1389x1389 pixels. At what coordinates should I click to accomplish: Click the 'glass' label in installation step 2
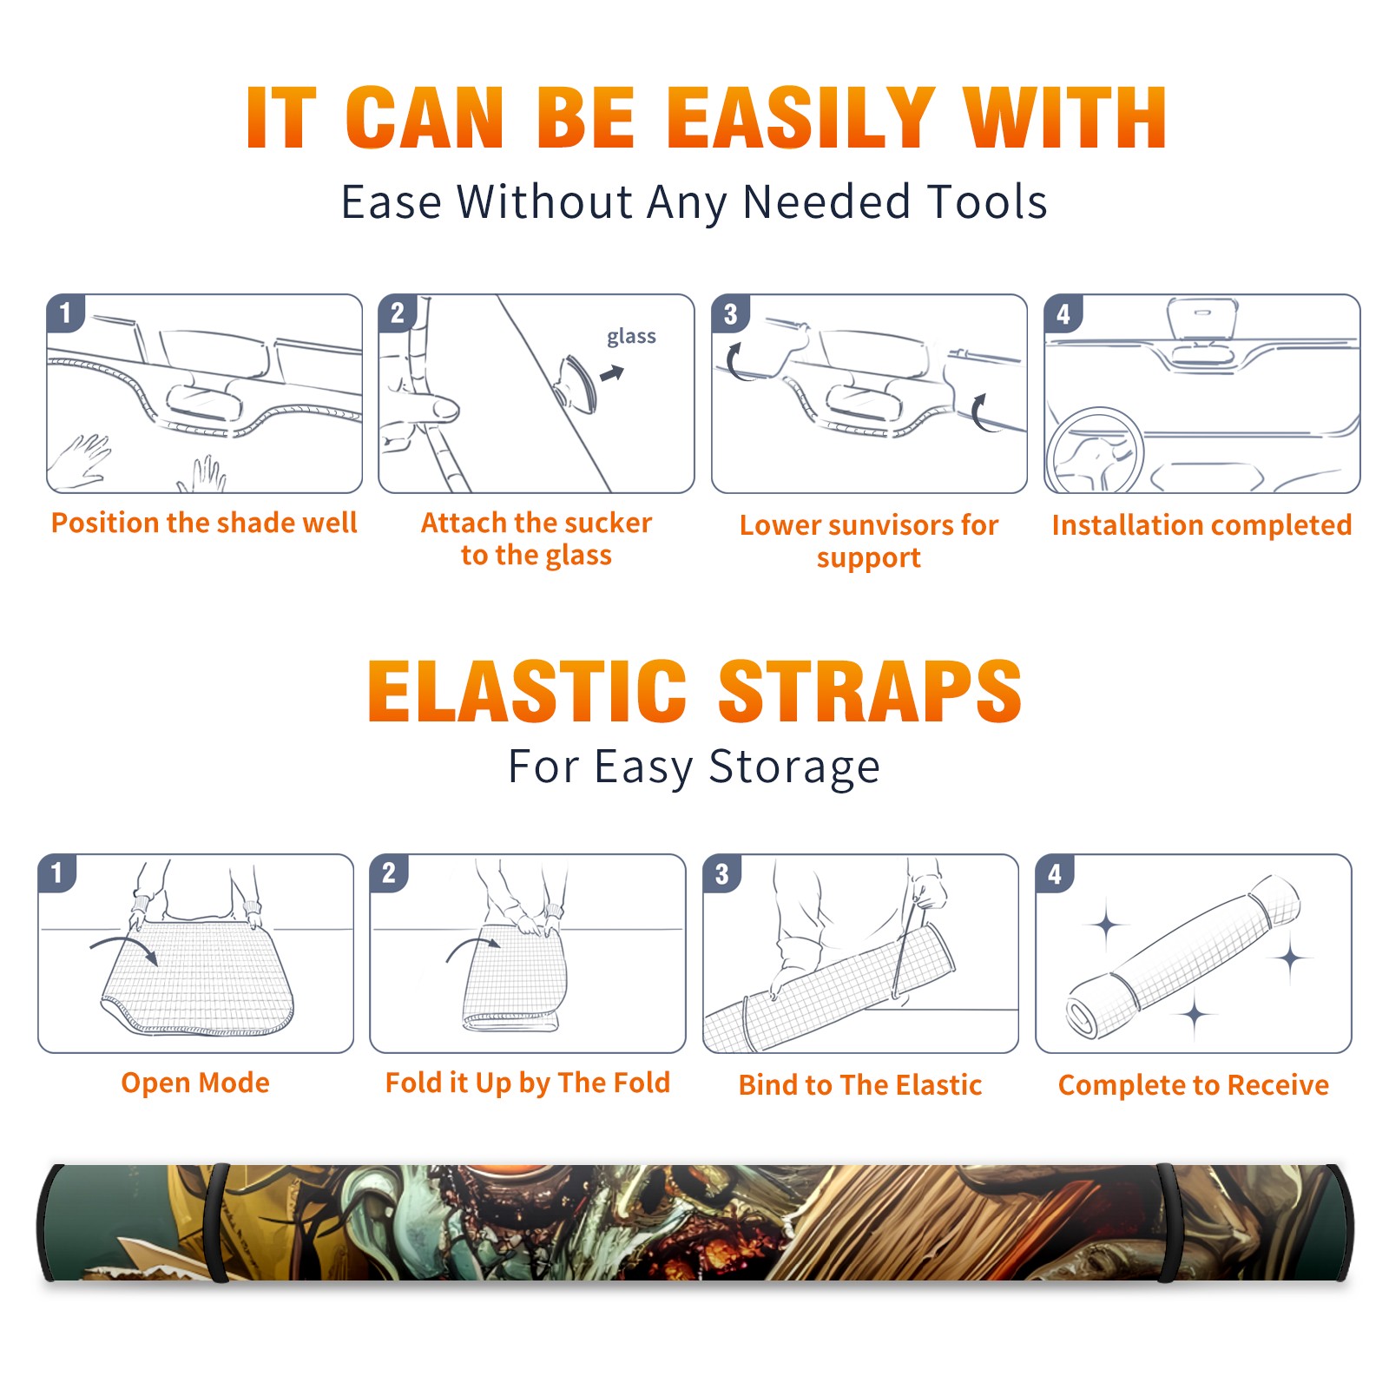631,336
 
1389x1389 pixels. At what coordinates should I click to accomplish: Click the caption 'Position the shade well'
204,523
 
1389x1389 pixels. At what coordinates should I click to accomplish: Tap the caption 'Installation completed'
1201,524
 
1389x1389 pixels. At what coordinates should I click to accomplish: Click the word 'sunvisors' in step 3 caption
890,525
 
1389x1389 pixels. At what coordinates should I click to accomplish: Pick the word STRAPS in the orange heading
870,691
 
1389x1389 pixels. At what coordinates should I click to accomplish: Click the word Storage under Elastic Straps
794,767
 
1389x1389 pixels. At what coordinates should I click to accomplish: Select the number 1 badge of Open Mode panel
57,872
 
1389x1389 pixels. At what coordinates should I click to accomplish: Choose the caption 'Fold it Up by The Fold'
528,1083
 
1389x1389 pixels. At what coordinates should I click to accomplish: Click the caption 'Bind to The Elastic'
860,1084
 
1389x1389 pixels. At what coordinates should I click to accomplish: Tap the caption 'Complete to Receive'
1194,1084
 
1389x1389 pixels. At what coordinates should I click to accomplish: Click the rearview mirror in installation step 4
1201,319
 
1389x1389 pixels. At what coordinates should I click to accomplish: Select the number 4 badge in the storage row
1055,873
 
